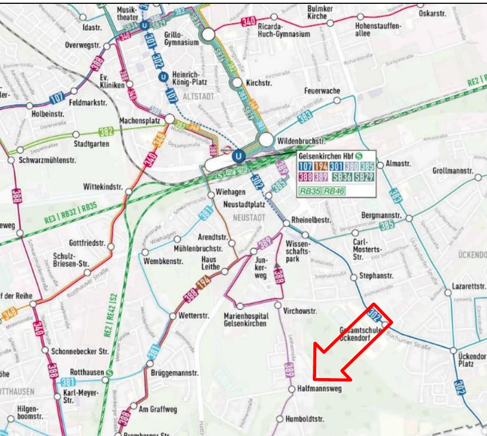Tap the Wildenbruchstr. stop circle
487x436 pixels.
pyautogui.click(x=266, y=140)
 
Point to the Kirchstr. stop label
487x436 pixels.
pyautogui.click(x=260, y=84)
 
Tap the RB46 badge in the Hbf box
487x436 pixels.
pyautogui.click(x=332, y=191)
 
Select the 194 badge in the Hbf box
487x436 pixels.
pyautogui.click(x=320, y=166)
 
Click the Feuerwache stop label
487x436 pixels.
pyautogui.click(x=322, y=91)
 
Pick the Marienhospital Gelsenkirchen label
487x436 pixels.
pyautogui.click(x=246, y=320)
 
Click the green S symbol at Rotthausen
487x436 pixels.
pyautogui.click(x=110, y=373)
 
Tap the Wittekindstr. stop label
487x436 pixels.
pyautogui.click(x=103, y=187)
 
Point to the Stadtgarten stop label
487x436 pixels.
pyautogui.click(x=91, y=144)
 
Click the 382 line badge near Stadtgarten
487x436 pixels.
pyautogui.click(x=106, y=132)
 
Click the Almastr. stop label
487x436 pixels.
pyautogui.click(x=399, y=163)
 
